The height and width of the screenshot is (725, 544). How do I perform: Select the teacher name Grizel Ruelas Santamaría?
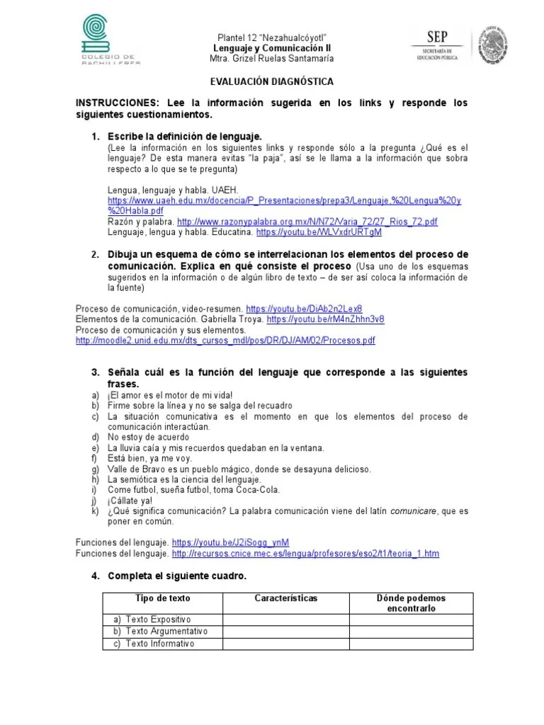click(x=271, y=58)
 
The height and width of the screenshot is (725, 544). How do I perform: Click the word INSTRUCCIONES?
click(x=118, y=103)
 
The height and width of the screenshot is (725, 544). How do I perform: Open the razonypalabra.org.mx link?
click(x=307, y=222)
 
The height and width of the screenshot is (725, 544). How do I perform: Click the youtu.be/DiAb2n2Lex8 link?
click(x=304, y=309)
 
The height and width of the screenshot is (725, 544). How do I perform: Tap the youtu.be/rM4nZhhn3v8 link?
click(x=325, y=319)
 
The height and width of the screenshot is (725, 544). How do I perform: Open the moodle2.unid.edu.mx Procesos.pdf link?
click(x=225, y=340)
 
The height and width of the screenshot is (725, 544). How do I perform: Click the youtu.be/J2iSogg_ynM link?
click(x=230, y=542)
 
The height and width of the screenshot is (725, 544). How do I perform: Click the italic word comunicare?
click(x=414, y=510)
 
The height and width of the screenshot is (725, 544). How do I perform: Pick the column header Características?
click(x=285, y=598)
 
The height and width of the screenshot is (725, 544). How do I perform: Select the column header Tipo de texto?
click(x=163, y=598)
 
